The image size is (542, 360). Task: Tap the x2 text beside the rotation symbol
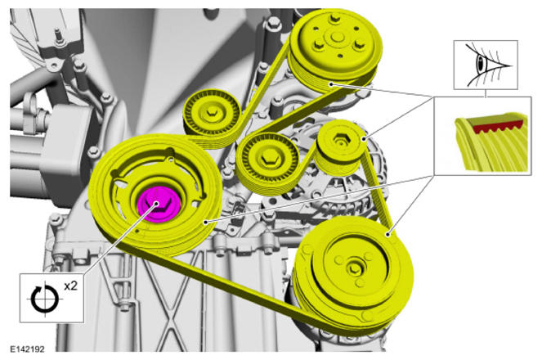71,286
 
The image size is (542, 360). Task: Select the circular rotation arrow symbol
45,299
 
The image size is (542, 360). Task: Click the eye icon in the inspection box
486,65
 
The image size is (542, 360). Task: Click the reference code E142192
27,349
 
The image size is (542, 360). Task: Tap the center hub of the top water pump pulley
337,37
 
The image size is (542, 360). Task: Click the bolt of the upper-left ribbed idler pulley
211,111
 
